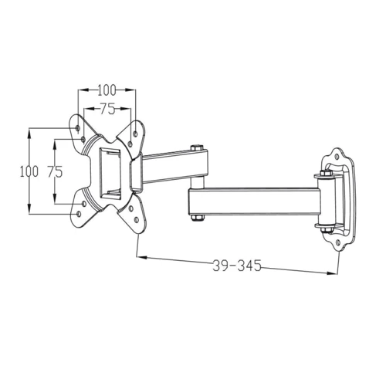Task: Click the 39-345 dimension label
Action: coord(238,266)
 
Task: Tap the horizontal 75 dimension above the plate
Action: coord(107,109)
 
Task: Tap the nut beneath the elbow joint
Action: coord(197,219)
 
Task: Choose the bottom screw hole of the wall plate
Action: coord(338,246)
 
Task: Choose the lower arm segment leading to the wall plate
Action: coord(255,203)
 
